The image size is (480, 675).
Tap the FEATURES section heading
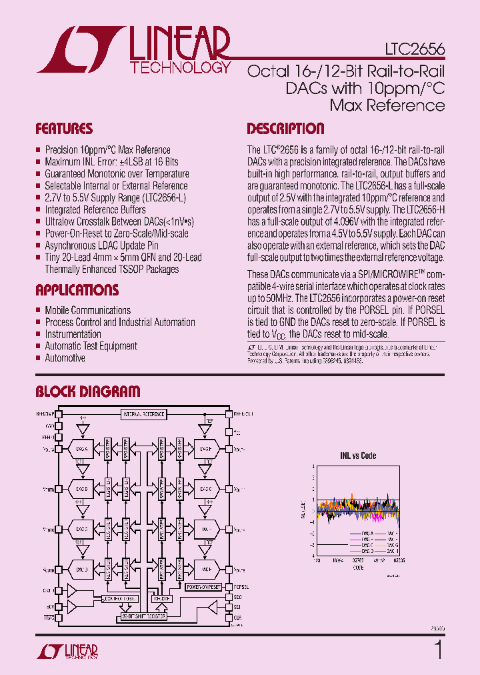tap(64, 129)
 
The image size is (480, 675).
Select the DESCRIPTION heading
tap(285, 129)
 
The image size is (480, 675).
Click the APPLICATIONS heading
tap(77, 290)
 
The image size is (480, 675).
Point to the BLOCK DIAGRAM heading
tap(87, 392)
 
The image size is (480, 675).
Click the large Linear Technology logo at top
tap(133, 50)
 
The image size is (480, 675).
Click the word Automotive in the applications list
tap(65, 358)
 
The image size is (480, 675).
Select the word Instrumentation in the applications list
tap(73, 334)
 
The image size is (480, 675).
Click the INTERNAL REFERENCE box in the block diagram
tap(143, 414)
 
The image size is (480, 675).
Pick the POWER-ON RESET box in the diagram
tap(203, 587)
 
